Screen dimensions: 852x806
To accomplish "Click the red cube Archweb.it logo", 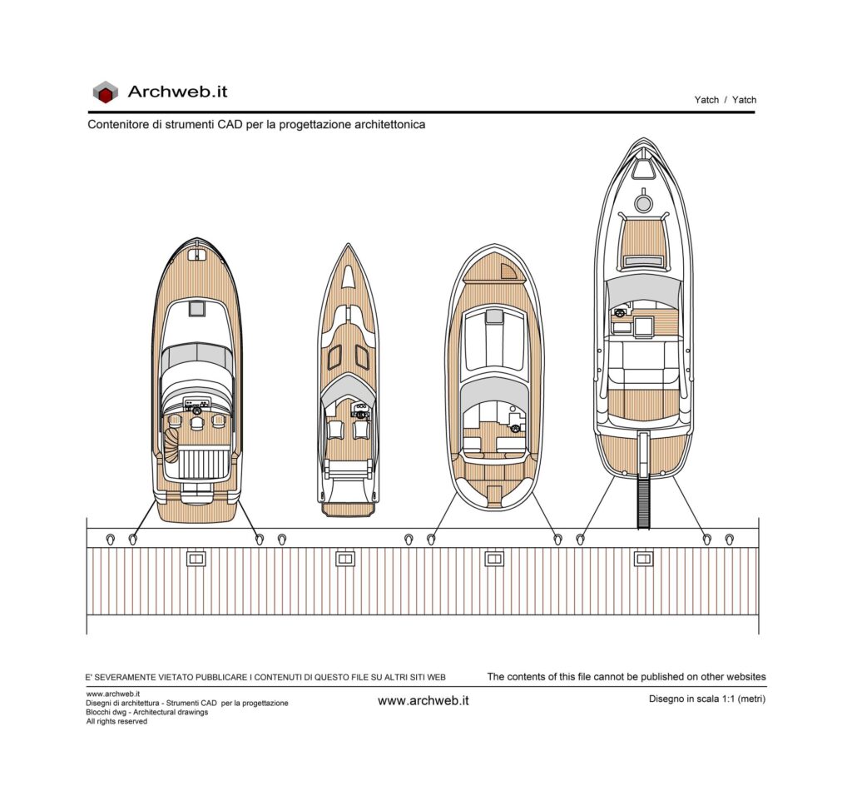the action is click(105, 92).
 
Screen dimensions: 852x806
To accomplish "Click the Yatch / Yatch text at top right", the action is click(725, 100).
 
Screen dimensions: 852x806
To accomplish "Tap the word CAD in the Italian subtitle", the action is click(230, 125).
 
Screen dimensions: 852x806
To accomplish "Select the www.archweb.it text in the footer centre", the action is click(424, 700).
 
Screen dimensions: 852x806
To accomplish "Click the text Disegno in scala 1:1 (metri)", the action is click(707, 699).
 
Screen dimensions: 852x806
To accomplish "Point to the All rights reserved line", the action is click(116, 721).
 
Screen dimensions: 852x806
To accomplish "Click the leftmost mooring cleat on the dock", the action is click(111, 540).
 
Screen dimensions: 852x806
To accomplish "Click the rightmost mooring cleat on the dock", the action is click(729, 540).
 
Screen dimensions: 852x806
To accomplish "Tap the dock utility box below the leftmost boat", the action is click(196, 559).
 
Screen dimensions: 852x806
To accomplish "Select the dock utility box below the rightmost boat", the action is click(643, 559).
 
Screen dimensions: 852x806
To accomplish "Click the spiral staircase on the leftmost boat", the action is click(171, 444).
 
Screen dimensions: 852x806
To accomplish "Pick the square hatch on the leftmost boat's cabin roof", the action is click(196, 308).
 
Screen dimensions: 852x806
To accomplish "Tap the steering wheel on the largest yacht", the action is click(620, 313).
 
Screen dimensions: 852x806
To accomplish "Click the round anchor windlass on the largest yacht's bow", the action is click(643, 203).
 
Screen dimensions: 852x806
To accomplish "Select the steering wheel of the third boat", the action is click(513, 428).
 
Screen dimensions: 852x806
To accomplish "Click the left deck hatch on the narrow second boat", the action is click(334, 356).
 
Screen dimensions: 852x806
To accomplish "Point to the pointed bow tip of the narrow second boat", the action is click(348, 244).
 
